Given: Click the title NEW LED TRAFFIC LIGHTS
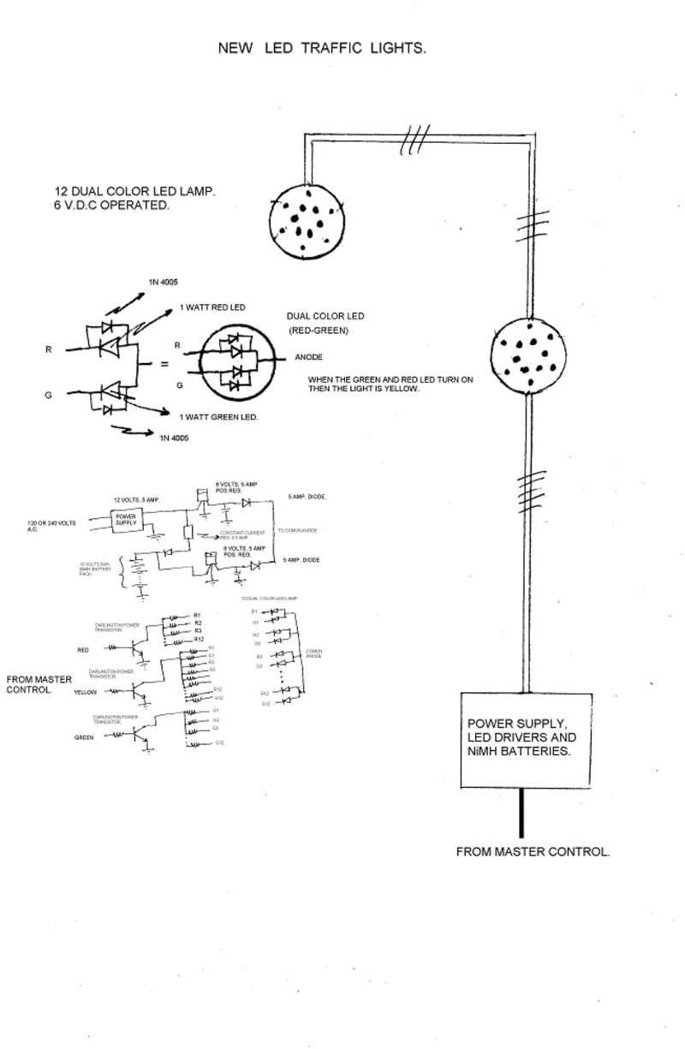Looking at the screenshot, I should point(322,49).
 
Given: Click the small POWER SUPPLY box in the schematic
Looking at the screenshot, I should point(126,520).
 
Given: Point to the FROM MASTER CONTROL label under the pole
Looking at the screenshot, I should point(533,852).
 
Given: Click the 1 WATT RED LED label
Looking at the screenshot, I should point(212,307).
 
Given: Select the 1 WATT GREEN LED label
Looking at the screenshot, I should point(219,416).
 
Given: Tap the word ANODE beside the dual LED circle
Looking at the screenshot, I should point(308,357).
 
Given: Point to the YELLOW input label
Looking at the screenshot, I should point(85,690).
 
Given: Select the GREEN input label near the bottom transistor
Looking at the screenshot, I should point(84,736).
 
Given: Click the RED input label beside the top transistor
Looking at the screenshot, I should point(83,650).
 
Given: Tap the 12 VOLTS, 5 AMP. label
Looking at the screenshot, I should point(137,499).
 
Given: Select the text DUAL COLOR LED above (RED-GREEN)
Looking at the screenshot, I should point(325,316).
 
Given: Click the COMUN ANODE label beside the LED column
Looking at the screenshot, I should point(313,653).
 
